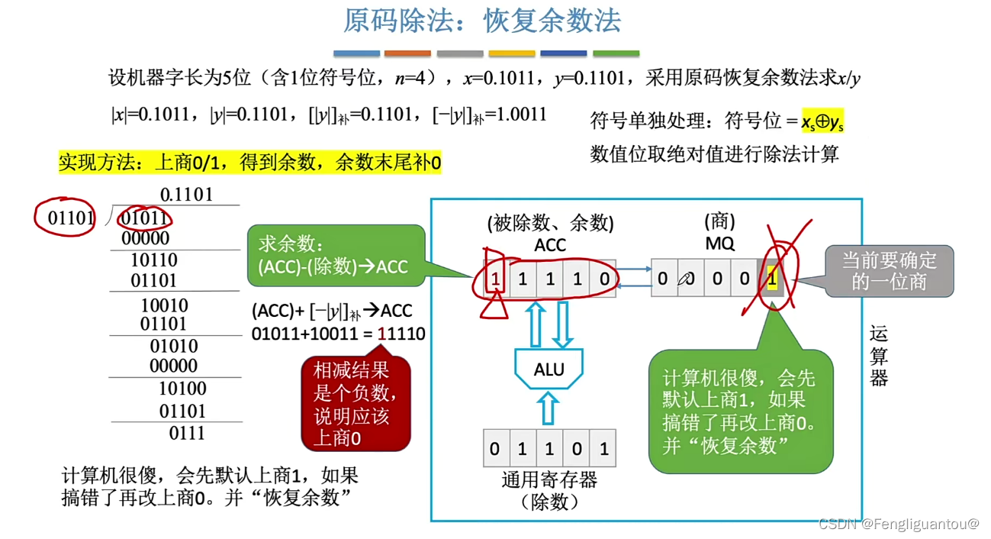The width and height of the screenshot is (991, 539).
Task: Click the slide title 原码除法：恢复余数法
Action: coord(481,21)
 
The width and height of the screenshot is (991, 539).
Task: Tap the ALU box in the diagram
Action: coord(549,370)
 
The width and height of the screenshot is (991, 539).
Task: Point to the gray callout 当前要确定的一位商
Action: coord(888,271)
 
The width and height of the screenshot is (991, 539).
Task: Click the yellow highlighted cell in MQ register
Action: coord(772,279)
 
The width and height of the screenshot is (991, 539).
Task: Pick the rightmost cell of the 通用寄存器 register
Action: coord(603,449)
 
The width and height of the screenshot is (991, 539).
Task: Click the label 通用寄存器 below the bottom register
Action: coord(549,480)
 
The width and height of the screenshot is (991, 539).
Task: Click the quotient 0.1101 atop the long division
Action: coord(186,195)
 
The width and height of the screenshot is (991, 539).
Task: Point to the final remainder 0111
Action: coord(186,434)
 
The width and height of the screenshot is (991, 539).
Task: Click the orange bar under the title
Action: coord(407,53)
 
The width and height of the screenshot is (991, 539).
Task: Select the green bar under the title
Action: coord(616,53)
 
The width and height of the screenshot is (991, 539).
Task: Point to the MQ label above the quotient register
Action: coord(719,244)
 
